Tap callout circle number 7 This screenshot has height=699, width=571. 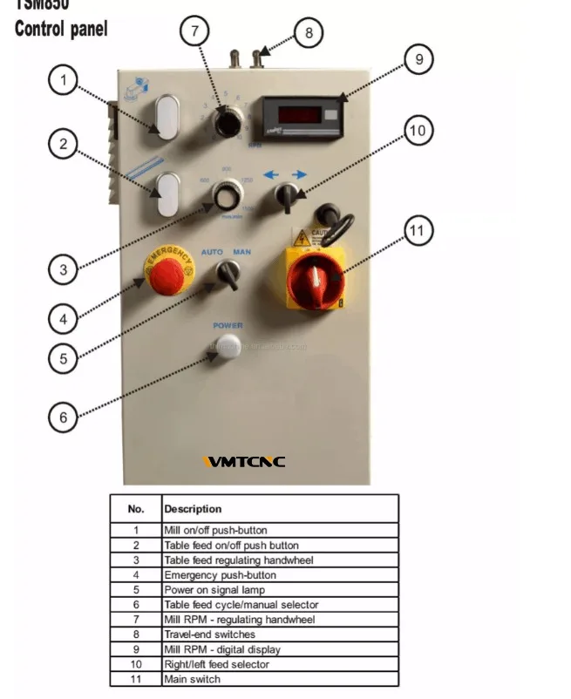(x=195, y=31)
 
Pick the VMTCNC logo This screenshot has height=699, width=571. (x=244, y=462)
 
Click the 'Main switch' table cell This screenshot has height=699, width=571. (x=193, y=679)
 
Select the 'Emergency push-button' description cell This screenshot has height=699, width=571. (x=220, y=575)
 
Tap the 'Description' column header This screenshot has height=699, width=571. (x=193, y=509)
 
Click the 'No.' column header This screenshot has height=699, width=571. (x=136, y=509)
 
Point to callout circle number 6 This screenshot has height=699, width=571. (x=63, y=417)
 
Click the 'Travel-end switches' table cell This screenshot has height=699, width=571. (x=209, y=635)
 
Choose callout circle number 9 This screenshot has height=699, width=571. (x=418, y=59)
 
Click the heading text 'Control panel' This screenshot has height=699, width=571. (x=61, y=29)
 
